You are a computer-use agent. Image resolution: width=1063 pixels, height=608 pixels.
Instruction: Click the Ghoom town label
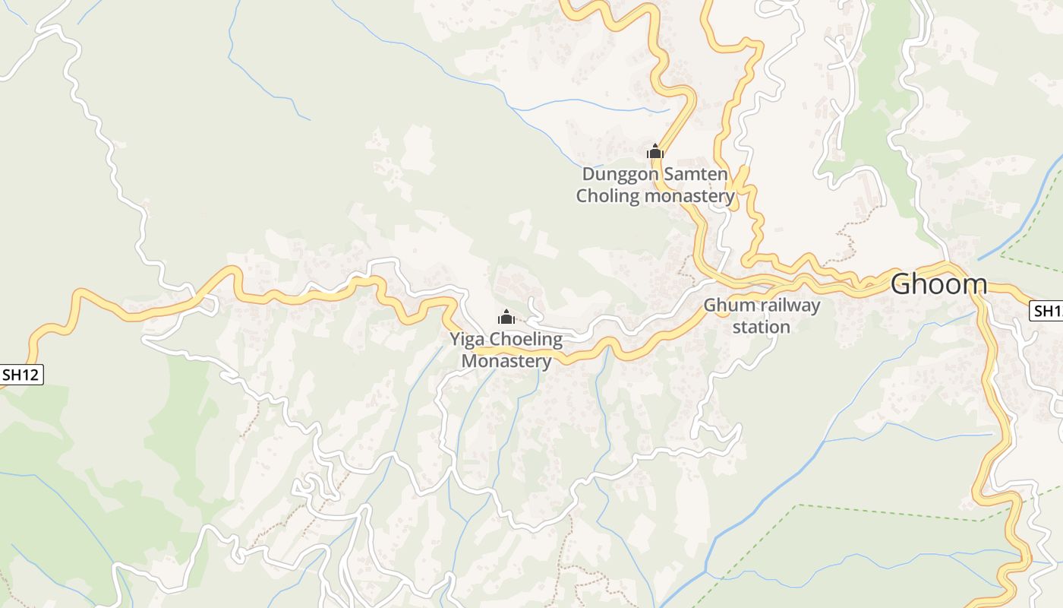938,284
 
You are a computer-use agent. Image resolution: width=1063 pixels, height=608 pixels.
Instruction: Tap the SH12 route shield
21,374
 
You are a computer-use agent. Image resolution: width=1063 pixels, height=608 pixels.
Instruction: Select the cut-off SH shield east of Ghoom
1047,310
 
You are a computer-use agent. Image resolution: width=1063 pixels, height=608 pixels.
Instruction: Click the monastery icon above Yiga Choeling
506,317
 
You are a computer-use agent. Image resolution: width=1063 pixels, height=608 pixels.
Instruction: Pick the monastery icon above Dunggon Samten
655,151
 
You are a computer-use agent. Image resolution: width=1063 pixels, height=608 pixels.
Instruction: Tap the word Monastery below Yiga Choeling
506,361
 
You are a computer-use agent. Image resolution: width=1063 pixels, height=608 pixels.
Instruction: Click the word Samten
696,174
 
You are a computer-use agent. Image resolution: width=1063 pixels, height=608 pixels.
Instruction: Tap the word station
762,327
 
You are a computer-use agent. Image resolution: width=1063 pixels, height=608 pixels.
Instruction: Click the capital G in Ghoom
901,284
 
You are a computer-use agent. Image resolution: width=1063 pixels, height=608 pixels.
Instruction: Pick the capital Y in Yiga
456,339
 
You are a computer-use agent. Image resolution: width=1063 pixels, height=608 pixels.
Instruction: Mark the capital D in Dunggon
588,174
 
